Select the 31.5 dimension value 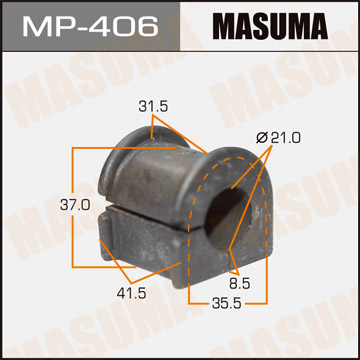click(x=152, y=105)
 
